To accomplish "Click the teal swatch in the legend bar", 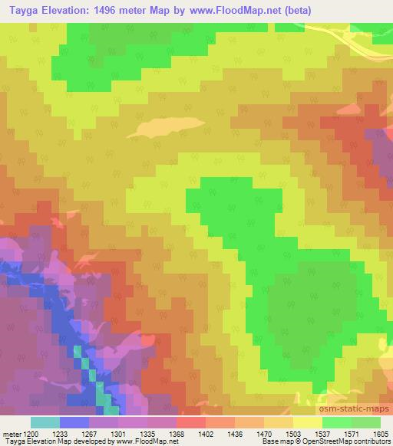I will [45, 422].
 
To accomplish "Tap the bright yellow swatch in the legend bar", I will [308, 422].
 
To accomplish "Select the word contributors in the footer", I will [374, 441].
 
